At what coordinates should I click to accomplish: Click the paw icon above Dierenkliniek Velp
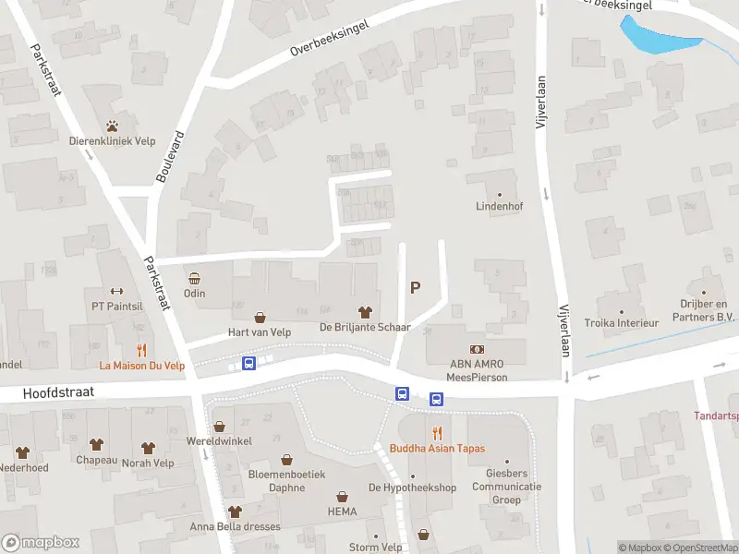point(113,126)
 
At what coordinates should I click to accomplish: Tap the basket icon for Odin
point(194,278)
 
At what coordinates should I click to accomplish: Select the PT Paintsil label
point(116,307)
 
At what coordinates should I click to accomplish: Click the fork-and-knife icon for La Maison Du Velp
point(142,350)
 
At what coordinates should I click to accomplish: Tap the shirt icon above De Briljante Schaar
point(365,313)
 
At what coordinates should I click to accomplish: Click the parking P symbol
point(415,287)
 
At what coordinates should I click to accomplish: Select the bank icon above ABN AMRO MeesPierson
point(478,349)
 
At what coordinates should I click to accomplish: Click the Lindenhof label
point(499,207)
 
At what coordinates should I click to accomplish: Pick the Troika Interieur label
point(622,323)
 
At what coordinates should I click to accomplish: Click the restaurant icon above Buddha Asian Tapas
point(437,432)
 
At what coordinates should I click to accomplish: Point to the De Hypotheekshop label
point(412,488)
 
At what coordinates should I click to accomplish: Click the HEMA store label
point(341,511)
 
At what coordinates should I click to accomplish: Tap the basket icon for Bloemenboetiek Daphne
point(286,459)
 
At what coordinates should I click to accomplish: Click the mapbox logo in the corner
point(41,543)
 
